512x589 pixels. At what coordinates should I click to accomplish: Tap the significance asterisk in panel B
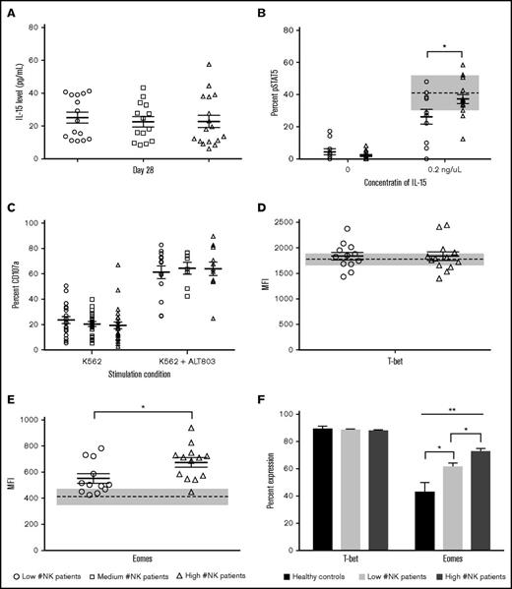click(x=446, y=46)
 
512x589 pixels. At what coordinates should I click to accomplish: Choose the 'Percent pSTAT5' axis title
click(x=273, y=88)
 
